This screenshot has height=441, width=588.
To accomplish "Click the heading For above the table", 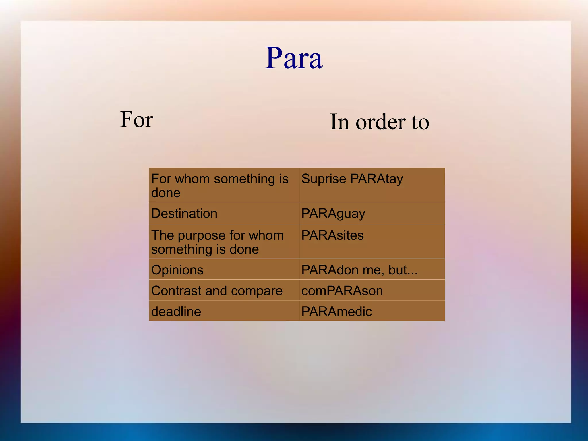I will (x=137, y=119).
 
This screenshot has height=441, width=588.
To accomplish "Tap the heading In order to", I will (x=379, y=122).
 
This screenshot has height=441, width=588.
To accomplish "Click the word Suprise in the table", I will (x=324, y=179).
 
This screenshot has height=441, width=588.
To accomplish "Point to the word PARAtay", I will (x=376, y=179).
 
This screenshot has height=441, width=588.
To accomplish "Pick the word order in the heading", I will (x=380, y=122).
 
